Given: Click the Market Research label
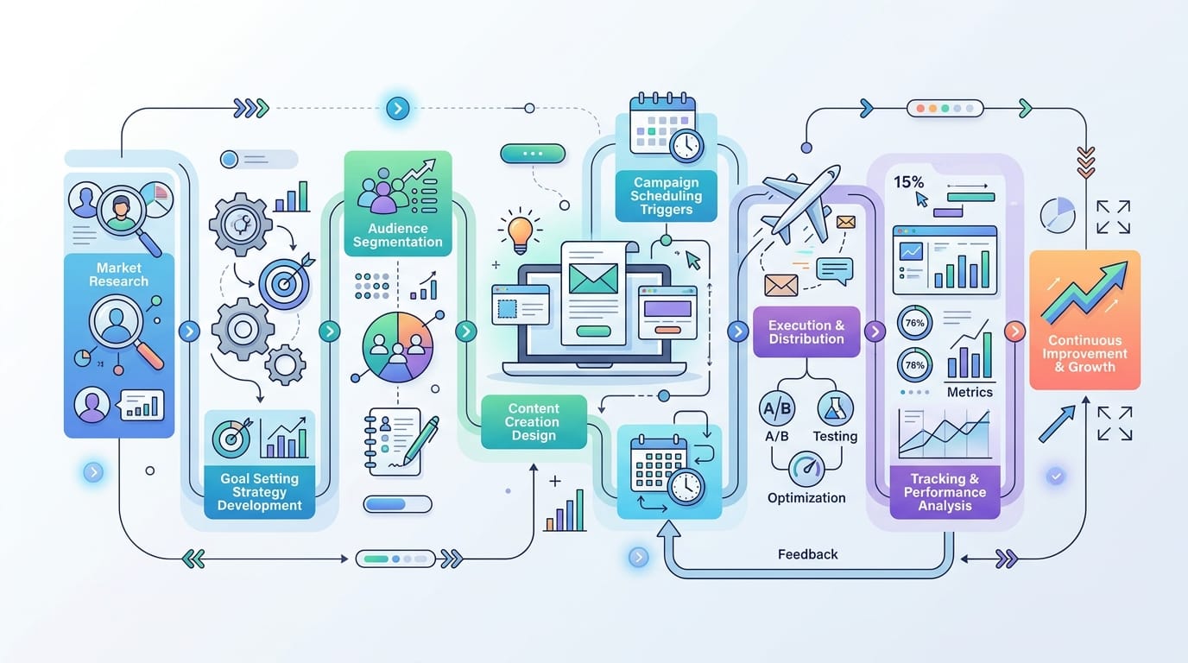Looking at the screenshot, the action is [119, 275].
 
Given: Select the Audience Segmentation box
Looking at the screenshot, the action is [398, 204].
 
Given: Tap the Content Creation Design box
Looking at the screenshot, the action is [534, 421].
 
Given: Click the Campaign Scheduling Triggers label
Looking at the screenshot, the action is [667, 196].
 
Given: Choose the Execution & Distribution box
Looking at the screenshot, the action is [806, 331].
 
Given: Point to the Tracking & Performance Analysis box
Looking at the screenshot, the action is [945, 492].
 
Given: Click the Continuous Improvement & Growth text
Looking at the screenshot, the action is [1084, 354].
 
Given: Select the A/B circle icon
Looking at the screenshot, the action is [777, 408].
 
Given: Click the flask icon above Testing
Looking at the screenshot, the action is [836, 408].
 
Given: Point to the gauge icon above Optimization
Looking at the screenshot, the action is [806, 469].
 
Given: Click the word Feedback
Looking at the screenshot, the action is [808, 554].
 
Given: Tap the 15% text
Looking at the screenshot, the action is [908, 182].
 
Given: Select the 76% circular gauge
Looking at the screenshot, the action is [914, 323].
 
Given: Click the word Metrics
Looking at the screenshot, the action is [970, 392].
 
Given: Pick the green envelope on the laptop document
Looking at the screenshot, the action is [593, 279].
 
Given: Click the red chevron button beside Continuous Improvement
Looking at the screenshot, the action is [1014, 331].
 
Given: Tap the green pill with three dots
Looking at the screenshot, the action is [533, 154].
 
